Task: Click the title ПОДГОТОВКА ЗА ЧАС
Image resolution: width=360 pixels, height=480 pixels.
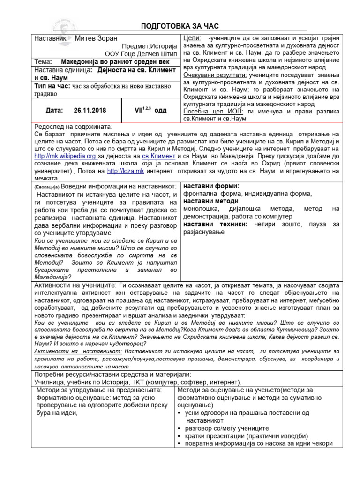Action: (x=180, y=25)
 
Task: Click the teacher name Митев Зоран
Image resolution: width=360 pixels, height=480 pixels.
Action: (x=96, y=38)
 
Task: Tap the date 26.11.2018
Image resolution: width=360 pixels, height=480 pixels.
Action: (x=90, y=111)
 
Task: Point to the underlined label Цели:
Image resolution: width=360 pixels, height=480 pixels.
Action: (x=192, y=38)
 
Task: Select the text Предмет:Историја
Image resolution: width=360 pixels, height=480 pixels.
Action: (x=150, y=46)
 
